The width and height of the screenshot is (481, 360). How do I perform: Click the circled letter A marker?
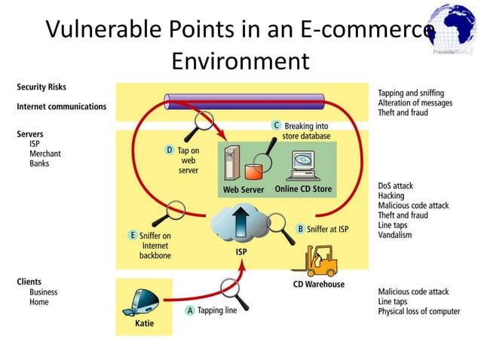point(190,310)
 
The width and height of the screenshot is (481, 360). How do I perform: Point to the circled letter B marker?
point(300,228)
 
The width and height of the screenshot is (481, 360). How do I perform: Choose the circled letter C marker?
point(277,125)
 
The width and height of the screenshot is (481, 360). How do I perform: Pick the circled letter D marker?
point(170,151)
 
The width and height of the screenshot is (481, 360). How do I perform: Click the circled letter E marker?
point(132,235)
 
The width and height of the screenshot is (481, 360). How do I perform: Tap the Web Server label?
point(243,190)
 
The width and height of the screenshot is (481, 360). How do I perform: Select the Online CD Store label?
point(303,189)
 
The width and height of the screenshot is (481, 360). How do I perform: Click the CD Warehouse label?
point(318,284)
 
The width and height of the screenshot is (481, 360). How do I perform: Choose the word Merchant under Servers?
point(44,153)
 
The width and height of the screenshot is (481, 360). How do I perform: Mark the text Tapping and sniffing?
point(411,93)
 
